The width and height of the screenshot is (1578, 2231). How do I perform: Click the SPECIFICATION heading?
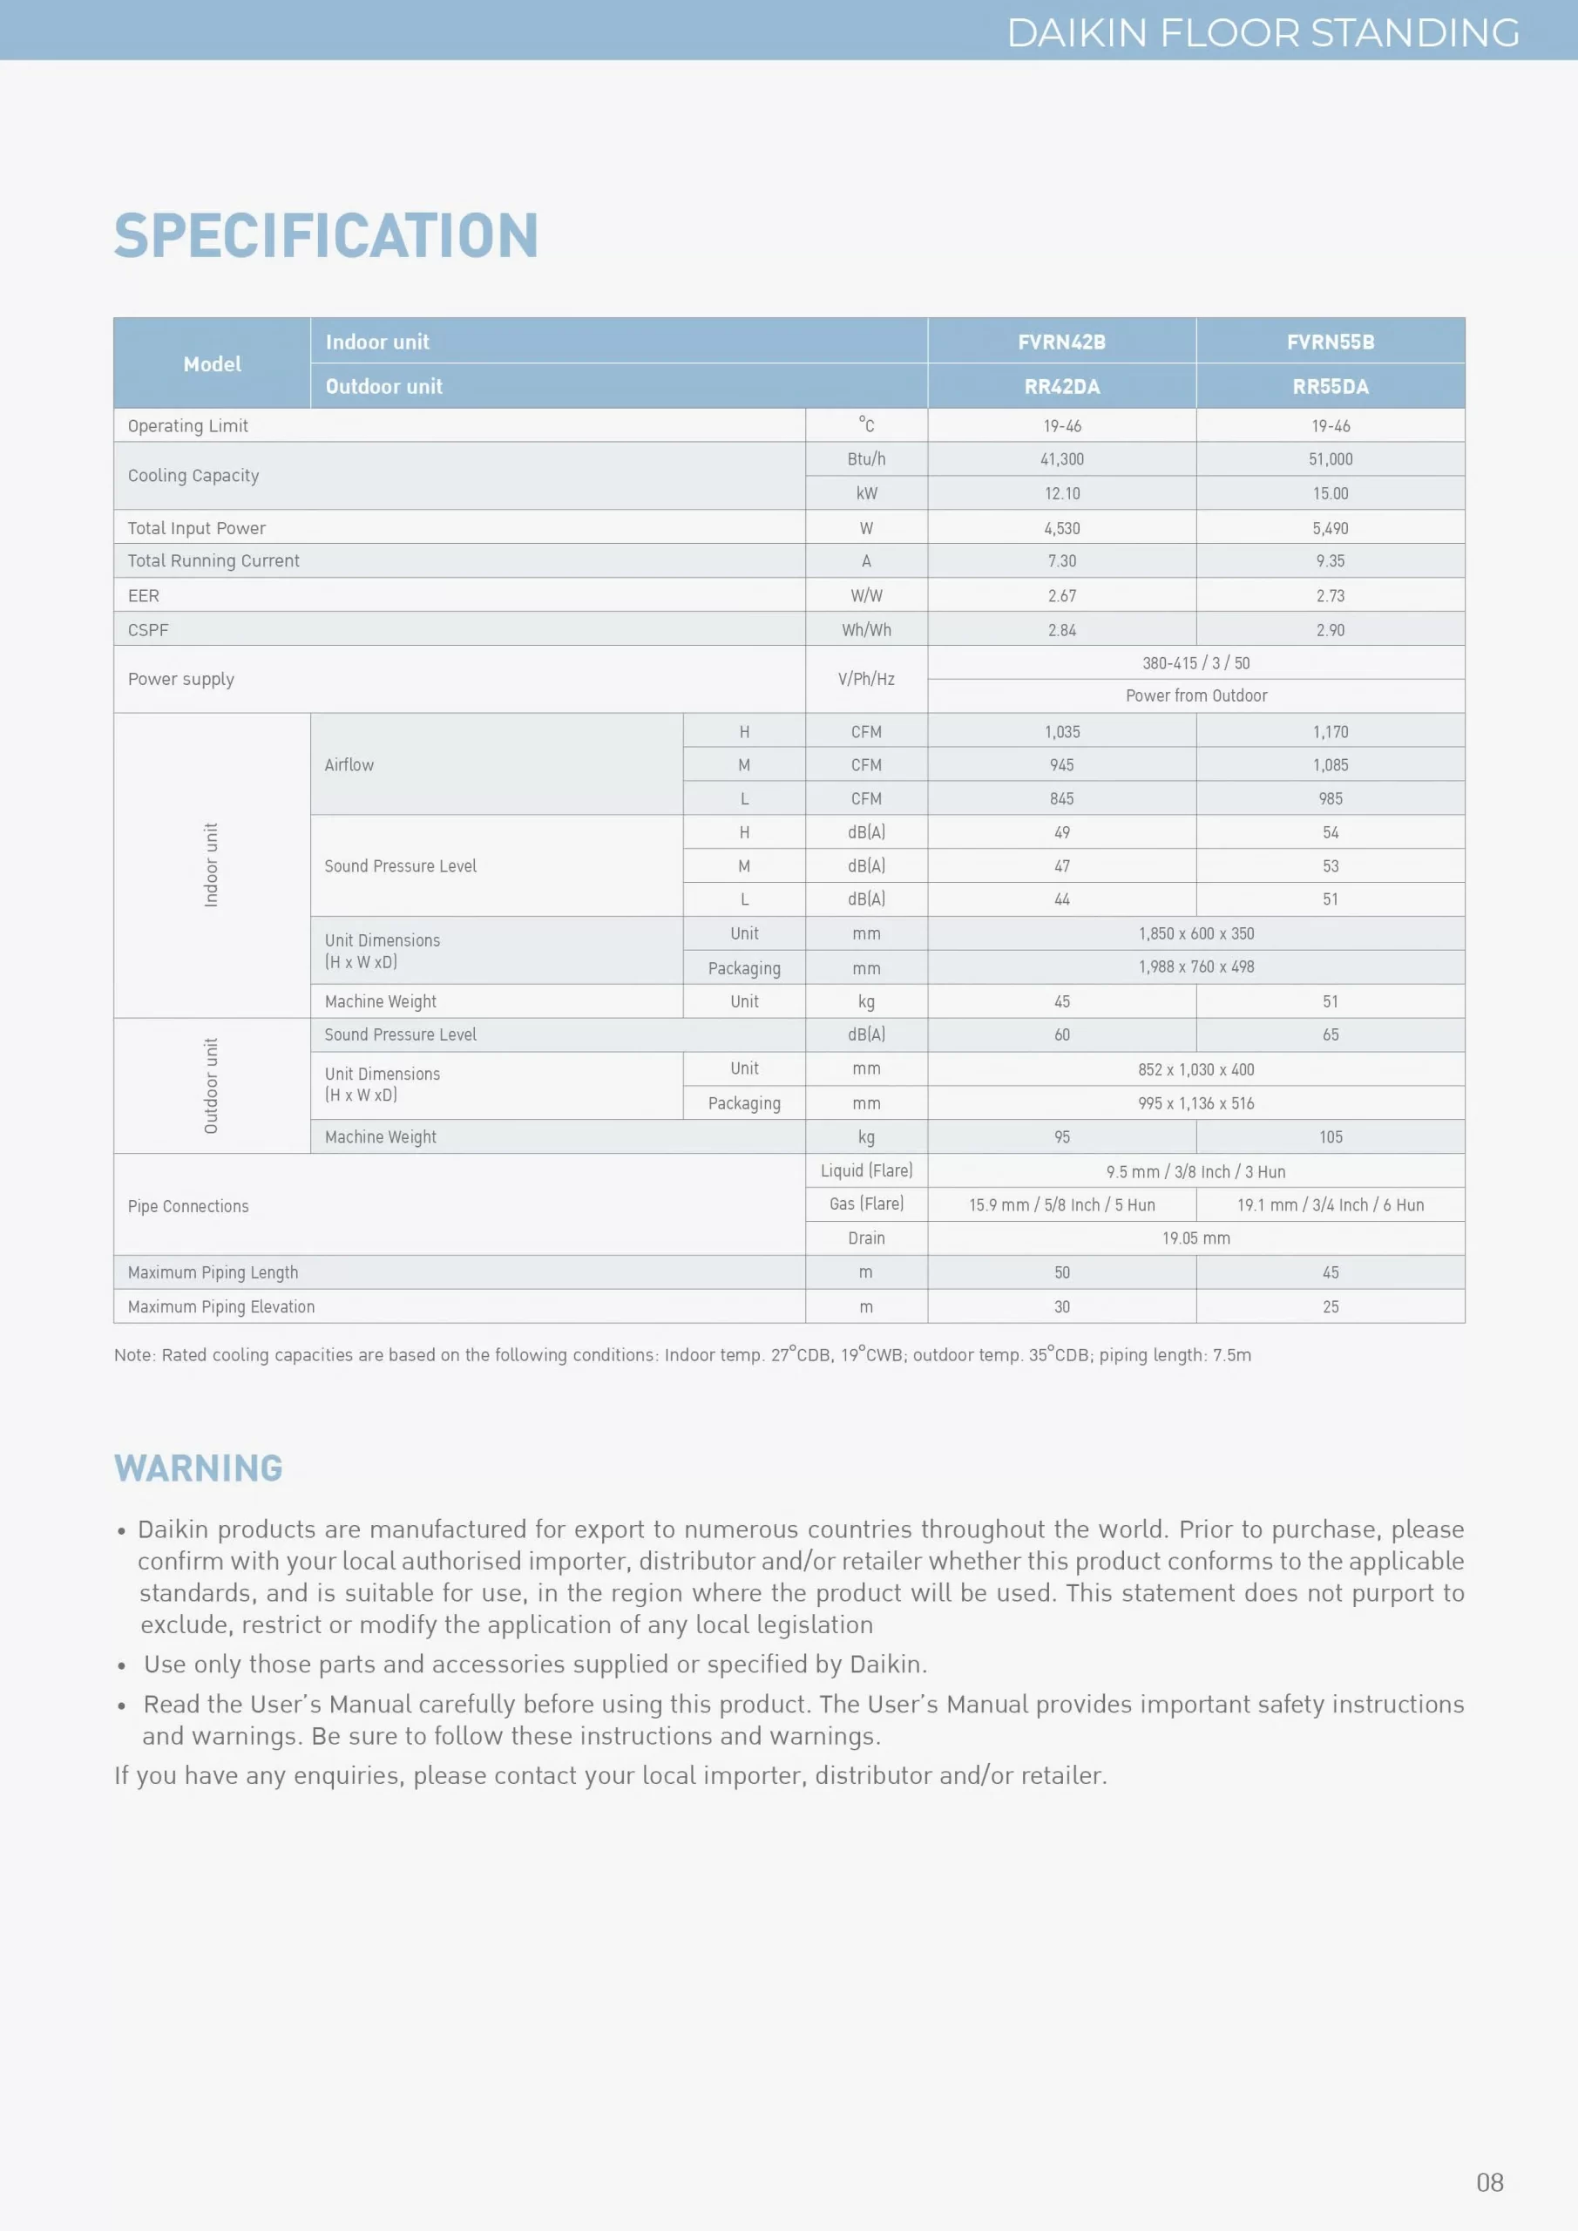326,236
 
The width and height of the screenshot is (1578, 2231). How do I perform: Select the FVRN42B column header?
1061,342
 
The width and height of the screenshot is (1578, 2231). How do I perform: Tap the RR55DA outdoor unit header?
1330,387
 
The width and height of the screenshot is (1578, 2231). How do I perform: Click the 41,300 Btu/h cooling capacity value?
1061,459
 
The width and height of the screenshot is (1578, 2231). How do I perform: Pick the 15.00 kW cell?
1330,493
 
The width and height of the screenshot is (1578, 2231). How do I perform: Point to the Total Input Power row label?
196,527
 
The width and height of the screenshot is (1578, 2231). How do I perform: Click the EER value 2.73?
1330,595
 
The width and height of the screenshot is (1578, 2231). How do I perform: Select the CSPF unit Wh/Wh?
866,630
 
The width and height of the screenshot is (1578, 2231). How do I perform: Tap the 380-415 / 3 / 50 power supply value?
1195,662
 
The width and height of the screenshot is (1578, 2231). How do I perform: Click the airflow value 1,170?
1330,732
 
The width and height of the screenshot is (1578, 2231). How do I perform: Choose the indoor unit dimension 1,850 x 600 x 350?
1195,933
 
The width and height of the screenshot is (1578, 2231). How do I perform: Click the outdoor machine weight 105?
1330,1137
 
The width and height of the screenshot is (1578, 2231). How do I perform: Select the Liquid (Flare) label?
866,1171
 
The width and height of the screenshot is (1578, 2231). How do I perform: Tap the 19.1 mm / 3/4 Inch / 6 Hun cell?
1330,1205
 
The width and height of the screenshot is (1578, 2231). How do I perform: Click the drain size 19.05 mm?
1195,1238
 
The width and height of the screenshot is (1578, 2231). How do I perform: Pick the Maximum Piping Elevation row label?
220,1307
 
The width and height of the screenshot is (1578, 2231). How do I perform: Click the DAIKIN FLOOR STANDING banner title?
1263,33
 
